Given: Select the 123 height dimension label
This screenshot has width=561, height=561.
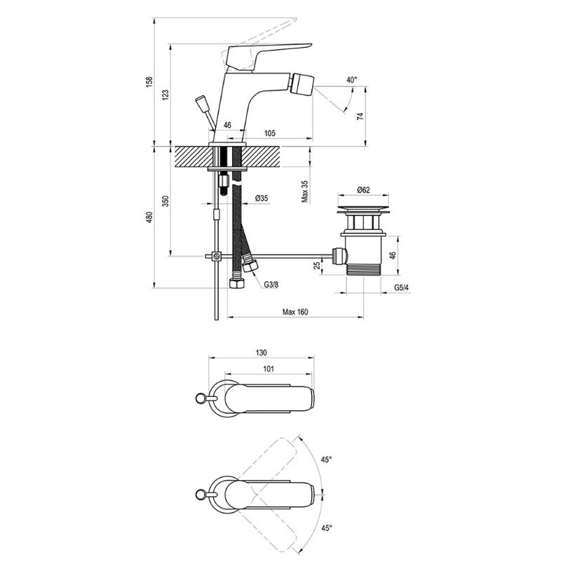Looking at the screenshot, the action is click(x=165, y=95).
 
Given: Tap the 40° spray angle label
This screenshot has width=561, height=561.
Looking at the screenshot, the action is click(x=352, y=80).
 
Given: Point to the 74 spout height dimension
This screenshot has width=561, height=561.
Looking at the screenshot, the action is click(x=360, y=116).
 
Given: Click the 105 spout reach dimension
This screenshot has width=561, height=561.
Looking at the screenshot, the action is click(x=270, y=133).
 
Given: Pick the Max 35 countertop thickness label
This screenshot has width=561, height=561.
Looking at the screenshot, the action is click(x=305, y=191).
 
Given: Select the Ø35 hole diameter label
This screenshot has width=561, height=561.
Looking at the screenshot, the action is click(x=262, y=198).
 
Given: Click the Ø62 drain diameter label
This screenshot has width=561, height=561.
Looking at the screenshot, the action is click(x=363, y=190).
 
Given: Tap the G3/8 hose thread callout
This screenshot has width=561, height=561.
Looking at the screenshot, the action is click(x=271, y=285).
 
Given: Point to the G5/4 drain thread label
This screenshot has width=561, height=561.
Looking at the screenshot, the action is click(x=402, y=288).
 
